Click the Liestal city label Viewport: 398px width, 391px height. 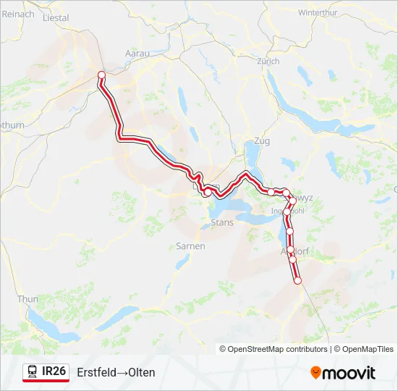(56, 17)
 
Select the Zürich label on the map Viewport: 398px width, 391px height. (268, 62)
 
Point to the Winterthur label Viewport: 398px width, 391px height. (318, 13)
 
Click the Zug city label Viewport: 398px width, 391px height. (261, 141)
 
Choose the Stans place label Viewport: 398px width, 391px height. (222, 222)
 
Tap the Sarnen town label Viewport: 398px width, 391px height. (190, 246)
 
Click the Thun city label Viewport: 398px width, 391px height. (27, 299)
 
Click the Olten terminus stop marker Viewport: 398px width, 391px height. (101, 75)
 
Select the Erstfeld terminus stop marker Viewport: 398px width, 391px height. (297, 280)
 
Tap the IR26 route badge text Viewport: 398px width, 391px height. (54, 371)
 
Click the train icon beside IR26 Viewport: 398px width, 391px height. (33, 372)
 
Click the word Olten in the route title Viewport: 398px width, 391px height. (141, 372)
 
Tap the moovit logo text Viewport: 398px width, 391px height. (349, 373)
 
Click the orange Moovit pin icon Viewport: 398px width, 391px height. (316, 373)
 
